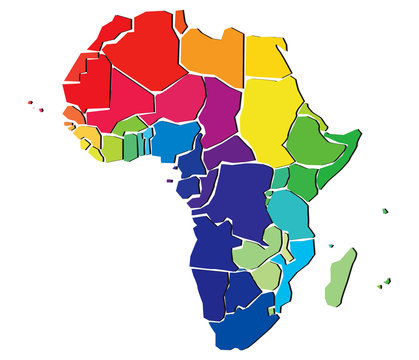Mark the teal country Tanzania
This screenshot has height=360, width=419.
tap(291, 210)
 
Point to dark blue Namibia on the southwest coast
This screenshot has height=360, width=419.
tap(209, 290)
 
